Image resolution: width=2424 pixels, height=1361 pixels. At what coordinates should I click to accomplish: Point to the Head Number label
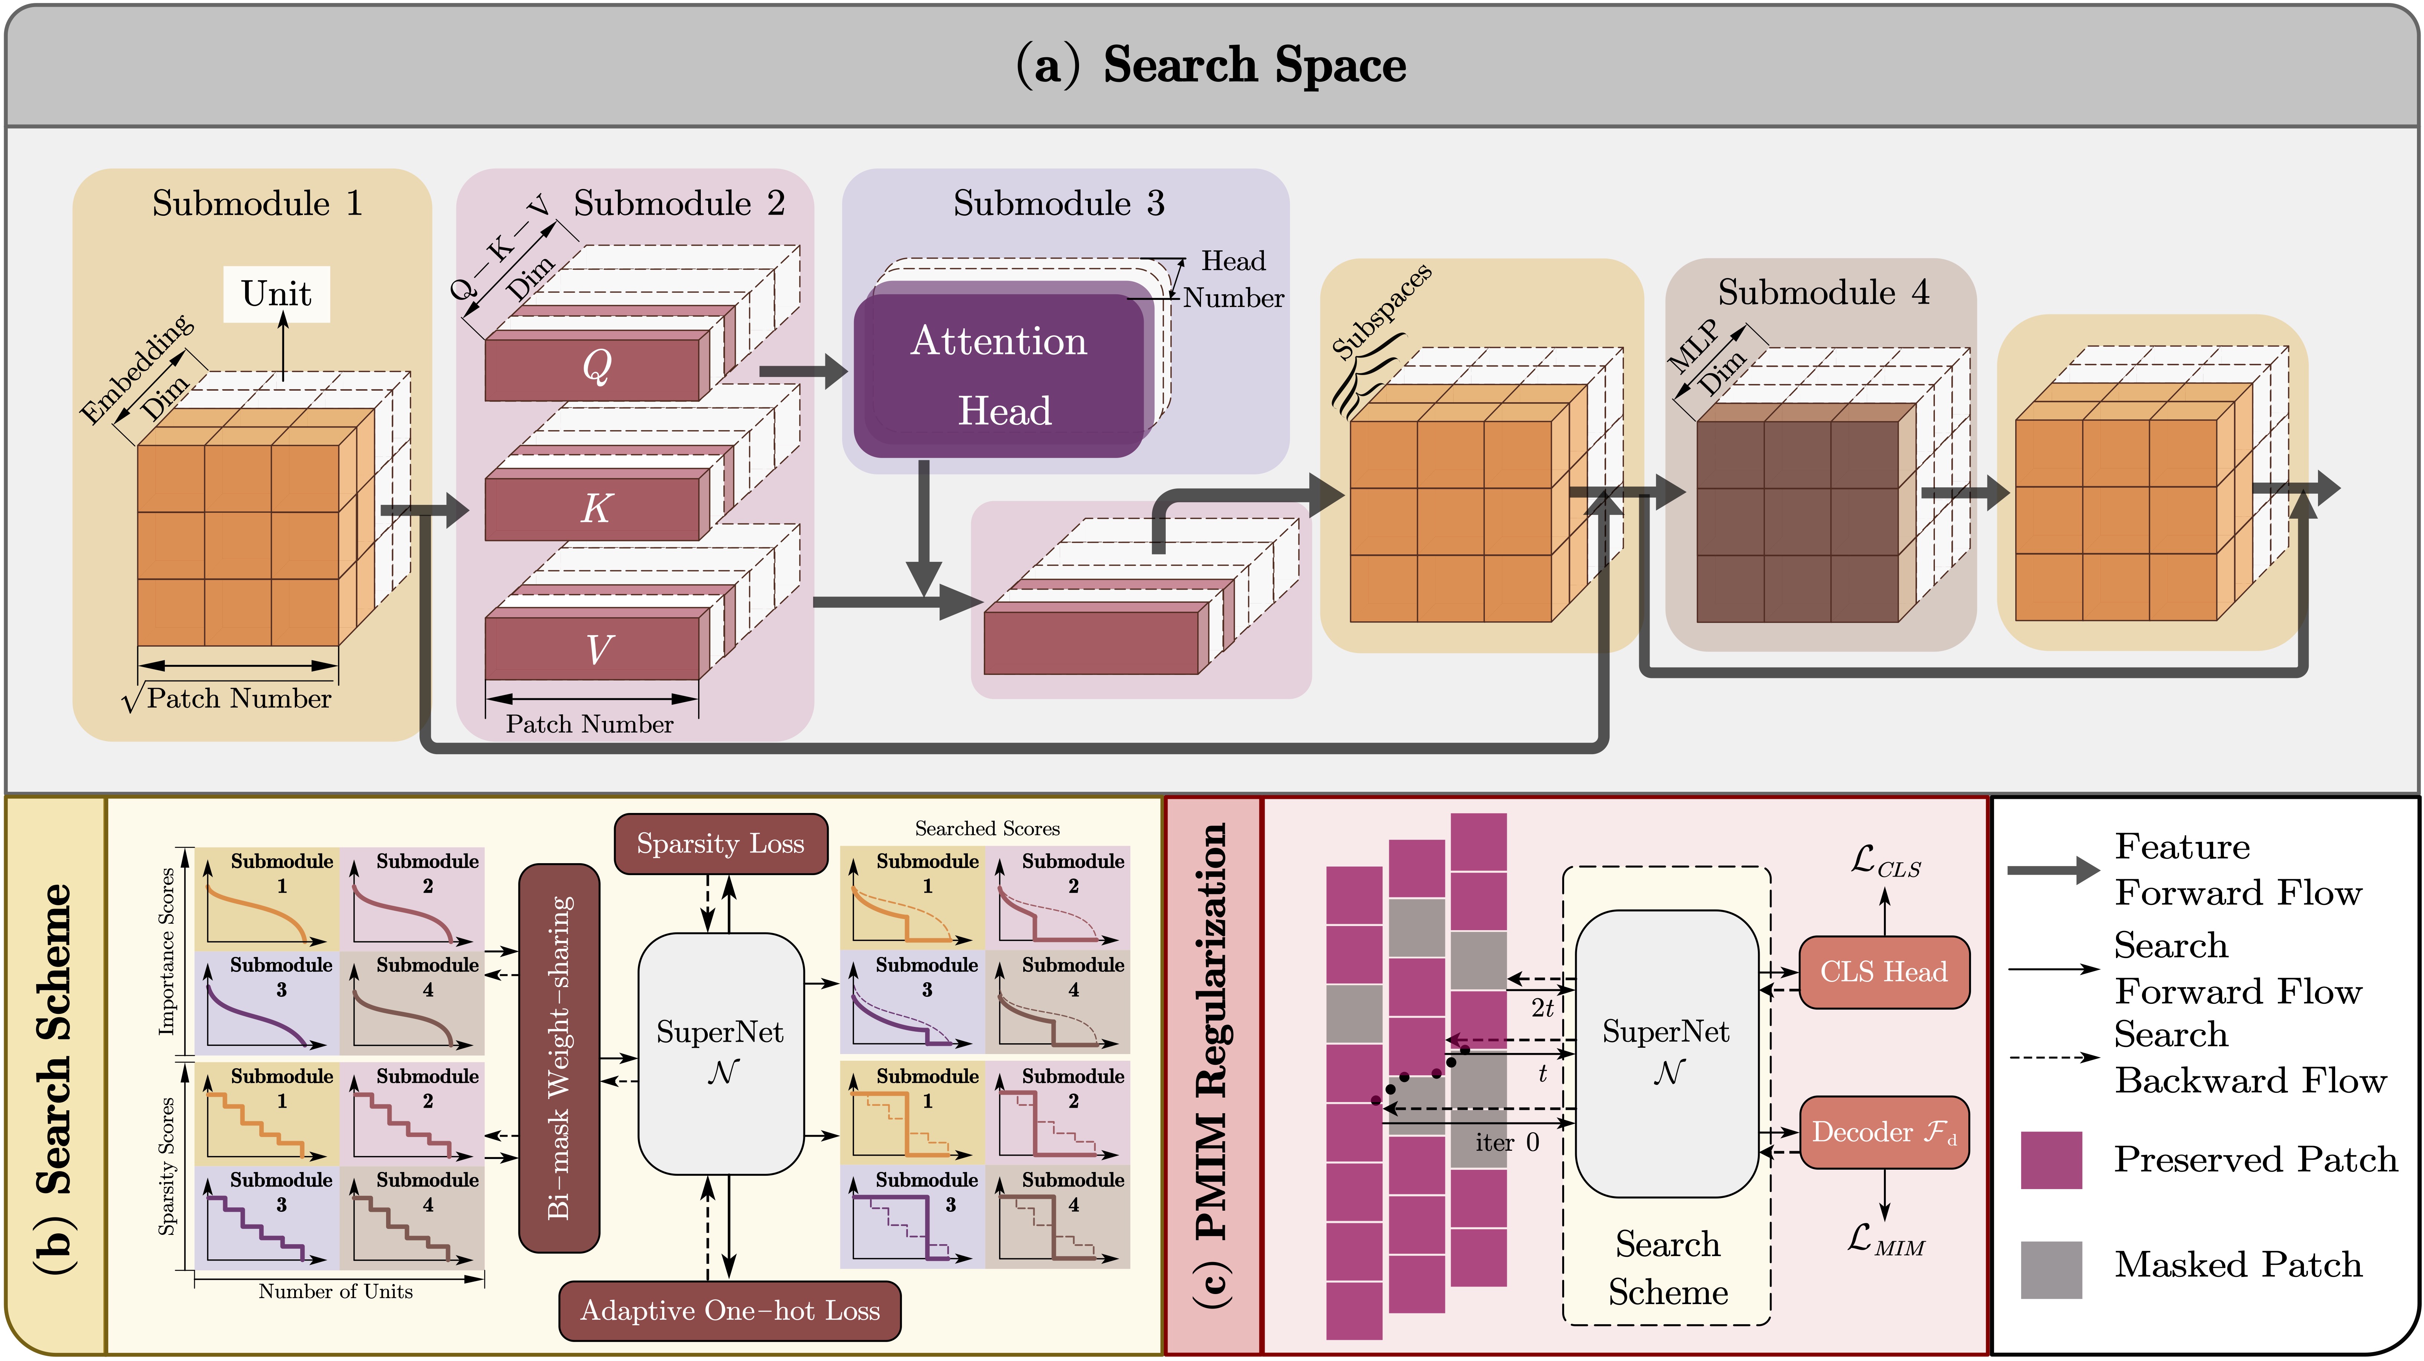point(1233,279)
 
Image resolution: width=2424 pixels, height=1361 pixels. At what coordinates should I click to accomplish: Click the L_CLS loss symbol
point(1885,861)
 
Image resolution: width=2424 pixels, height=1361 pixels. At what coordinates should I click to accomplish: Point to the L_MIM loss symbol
point(1885,1240)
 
